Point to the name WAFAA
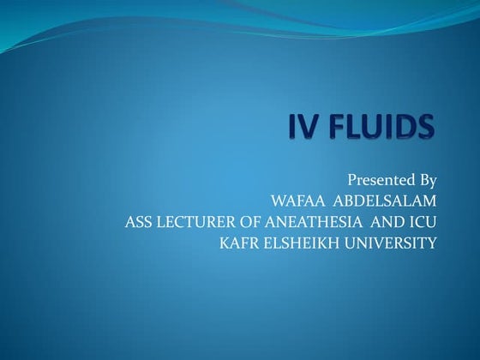(296, 202)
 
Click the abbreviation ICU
(426, 224)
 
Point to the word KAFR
(239, 245)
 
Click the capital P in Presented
(352, 181)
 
